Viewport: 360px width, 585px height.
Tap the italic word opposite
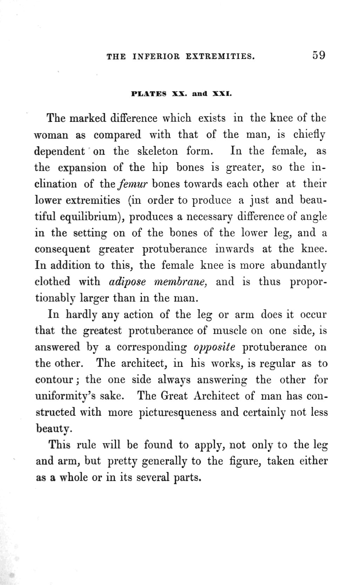214,347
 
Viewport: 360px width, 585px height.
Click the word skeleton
157,151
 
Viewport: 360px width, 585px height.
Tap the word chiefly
309,135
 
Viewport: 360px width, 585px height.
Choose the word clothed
53,282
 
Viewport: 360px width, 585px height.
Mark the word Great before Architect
175,396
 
